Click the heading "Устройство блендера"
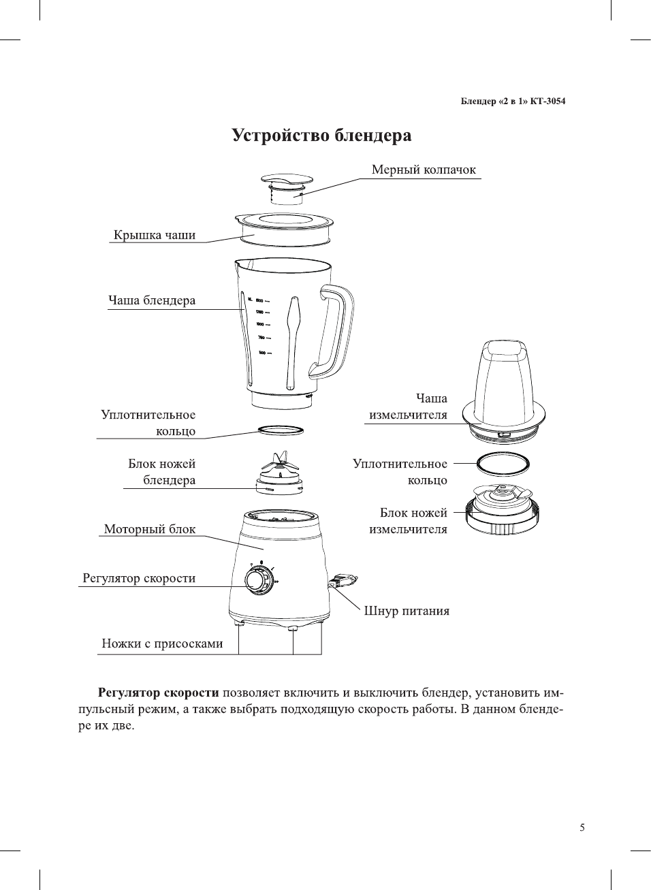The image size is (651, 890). click(321, 135)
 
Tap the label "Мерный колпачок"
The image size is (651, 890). click(423, 170)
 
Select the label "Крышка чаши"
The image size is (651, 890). click(154, 235)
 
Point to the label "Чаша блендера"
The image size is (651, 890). click(151, 300)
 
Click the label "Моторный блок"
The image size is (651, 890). click(149, 529)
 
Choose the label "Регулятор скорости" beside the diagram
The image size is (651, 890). click(139, 578)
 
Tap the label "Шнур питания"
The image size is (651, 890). click(407, 611)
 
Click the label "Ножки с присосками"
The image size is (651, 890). click(162, 643)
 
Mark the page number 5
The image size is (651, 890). click(582, 827)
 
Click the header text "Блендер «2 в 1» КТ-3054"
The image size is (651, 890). click(513, 101)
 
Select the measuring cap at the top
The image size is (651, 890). click(287, 188)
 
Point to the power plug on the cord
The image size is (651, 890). click(344, 582)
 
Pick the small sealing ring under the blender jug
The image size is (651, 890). click(280, 430)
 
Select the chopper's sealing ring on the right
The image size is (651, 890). click(503, 464)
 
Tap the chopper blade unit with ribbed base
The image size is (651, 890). click(503, 511)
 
